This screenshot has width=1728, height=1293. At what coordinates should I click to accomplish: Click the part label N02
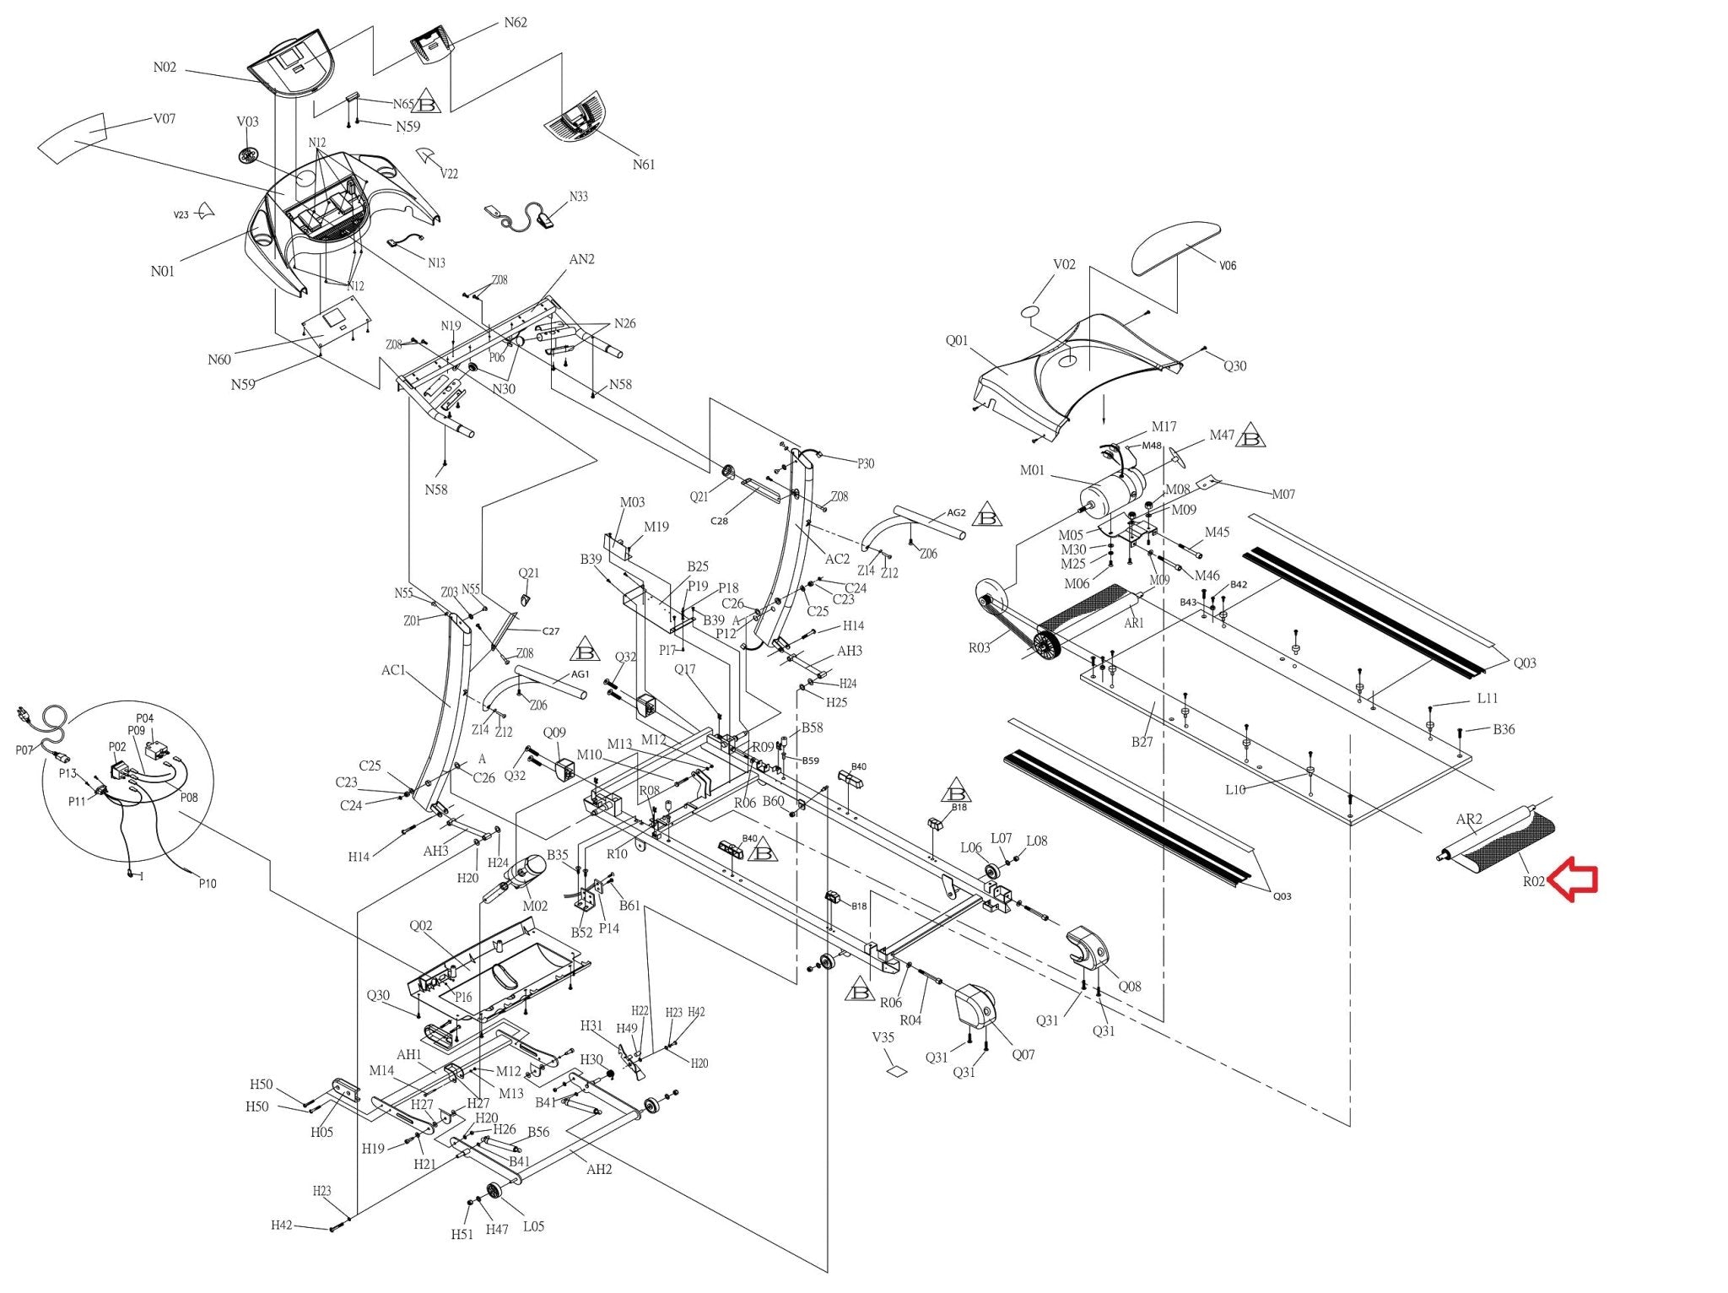click(x=165, y=68)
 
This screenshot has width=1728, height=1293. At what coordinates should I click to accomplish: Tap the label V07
click(x=165, y=119)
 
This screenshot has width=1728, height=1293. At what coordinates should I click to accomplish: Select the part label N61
click(x=644, y=165)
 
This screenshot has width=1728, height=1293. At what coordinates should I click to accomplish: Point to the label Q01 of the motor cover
click(x=957, y=341)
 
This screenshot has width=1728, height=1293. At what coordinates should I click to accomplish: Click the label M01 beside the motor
click(x=1032, y=470)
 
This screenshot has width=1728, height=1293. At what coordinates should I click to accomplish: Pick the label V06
click(x=1228, y=266)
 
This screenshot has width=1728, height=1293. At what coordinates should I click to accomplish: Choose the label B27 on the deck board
click(x=1142, y=742)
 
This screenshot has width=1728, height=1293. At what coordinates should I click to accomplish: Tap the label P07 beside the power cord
click(x=24, y=749)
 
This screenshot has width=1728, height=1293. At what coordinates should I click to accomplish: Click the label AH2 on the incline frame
click(x=599, y=1170)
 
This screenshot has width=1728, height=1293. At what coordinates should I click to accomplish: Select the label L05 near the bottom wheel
click(x=533, y=1226)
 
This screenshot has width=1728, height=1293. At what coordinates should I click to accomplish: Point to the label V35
click(x=883, y=1037)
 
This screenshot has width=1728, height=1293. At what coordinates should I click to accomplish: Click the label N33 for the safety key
click(x=578, y=197)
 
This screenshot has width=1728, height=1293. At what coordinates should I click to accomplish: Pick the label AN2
click(x=581, y=259)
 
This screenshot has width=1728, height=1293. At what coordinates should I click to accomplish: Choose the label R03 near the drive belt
click(x=979, y=648)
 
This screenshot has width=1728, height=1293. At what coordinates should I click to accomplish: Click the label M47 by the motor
click(x=1222, y=436)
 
